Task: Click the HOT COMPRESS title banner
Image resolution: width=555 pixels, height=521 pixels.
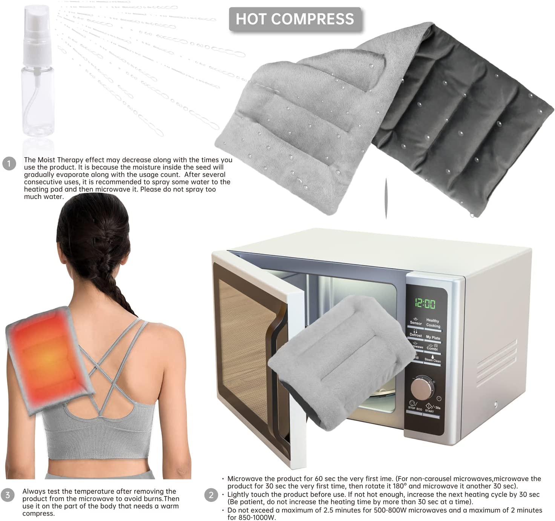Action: tap(295, 19)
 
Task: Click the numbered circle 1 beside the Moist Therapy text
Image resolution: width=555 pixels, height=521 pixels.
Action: tap(9, 164)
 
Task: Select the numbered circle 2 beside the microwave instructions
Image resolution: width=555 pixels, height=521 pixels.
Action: tap(211, 495)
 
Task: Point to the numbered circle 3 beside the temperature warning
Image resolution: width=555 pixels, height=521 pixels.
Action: tap(8, 495)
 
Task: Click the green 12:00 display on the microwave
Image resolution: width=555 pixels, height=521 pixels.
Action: tap(425, 303)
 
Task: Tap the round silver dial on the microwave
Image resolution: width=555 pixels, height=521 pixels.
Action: tap(422, 388)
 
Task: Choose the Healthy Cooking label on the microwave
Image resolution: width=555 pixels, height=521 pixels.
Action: tap(433, 323)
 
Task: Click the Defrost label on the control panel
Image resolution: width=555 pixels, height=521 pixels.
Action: tap(415, 335)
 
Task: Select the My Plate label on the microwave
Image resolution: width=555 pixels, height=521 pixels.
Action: tap(433, 337)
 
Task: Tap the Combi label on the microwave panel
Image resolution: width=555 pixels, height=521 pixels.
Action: tap(432, 348)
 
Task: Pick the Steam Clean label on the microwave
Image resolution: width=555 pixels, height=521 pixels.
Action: tap(432, 360)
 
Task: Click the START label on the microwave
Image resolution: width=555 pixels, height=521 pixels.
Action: tap(429, 411)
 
